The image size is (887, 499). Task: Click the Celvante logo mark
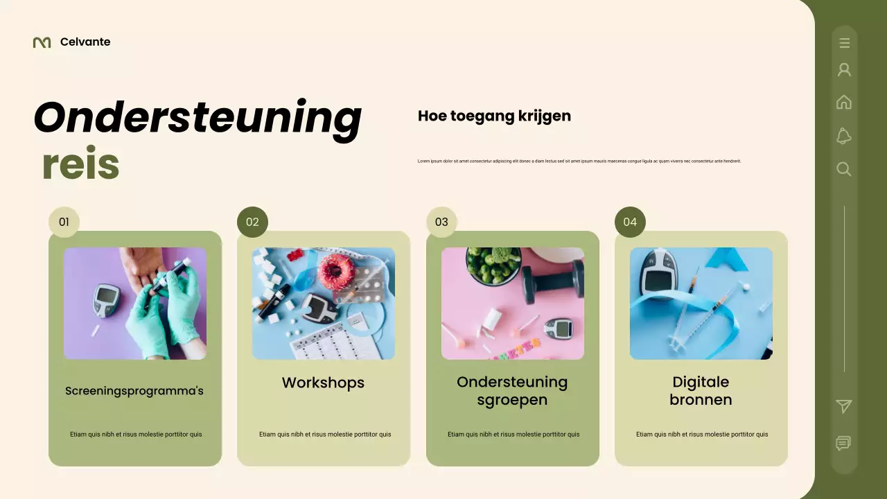(42, 42)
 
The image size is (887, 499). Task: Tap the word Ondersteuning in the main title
(197, 118)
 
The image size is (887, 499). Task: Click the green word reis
(80, 165)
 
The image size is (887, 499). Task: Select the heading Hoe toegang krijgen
(494, 116)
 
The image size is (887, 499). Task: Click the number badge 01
(64, 222)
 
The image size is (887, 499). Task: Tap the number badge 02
(252, 222)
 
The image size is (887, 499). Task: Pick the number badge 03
(441, 222)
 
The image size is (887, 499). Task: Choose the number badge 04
(630, 222)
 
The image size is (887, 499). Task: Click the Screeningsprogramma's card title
(134, 391)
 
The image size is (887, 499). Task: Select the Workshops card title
(323, 383)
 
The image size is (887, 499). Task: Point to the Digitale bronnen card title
(701, 391)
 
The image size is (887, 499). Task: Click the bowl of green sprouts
(493, 265)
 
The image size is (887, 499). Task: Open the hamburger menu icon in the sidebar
(844, 43)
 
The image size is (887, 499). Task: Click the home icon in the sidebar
(844, 103)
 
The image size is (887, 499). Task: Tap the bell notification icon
(844, 136)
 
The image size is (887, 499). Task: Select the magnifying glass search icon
(844, 169)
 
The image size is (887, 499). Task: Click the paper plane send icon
(844, 406)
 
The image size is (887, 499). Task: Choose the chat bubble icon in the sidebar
(843, 444)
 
